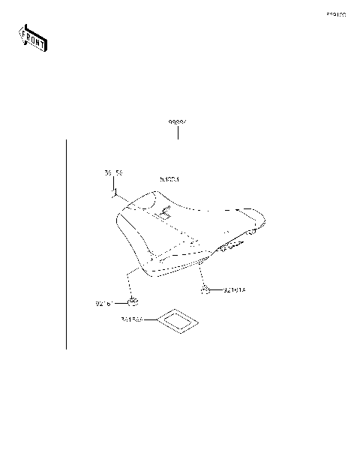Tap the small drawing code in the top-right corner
(335, 14)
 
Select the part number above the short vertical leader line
(178, 121)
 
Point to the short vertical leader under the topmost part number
(178, 133)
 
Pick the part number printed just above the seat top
(170, 180)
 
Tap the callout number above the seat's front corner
(112, 173)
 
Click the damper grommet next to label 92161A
(205, 289)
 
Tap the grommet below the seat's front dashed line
(132, 302)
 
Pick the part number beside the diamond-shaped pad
(131, 320)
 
